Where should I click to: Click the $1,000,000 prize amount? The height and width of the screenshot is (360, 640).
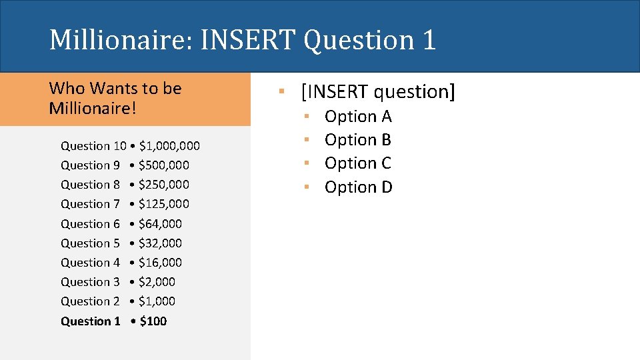(169, 146)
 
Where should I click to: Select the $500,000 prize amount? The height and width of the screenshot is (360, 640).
(164, 165)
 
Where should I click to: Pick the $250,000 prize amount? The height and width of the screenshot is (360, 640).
(164, 185)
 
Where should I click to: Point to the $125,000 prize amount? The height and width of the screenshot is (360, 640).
(164, 204)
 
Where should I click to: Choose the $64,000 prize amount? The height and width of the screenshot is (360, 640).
(160, 224)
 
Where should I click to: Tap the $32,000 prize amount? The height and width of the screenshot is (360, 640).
(160, 243)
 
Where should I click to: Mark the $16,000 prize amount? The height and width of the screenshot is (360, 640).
(160, 263)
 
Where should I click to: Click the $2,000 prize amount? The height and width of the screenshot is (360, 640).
(157, 282)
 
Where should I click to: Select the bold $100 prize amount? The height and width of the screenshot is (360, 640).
(153, 321)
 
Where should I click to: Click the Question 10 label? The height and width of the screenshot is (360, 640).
(93, 146)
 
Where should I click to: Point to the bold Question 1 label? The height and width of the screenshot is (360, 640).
(90, 321)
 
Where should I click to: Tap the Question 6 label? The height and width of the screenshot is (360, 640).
(90, 224)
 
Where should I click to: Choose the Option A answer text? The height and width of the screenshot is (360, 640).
(358, 117)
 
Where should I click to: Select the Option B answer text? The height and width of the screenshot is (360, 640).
(358, 140)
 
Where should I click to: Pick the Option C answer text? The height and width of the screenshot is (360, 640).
(358, 163)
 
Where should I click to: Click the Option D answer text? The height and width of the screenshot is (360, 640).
(359, 187)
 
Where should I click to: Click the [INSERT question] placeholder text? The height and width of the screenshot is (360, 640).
(378, 91)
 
